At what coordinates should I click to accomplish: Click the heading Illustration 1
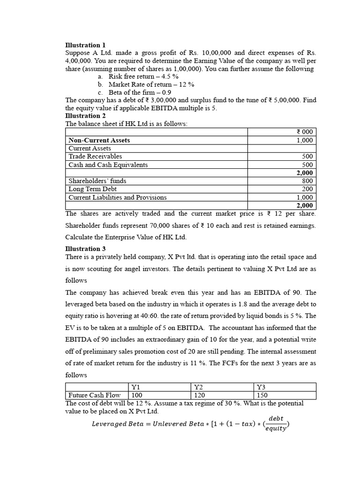[x=82, y=45]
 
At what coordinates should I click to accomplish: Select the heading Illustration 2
[x=82, y=116]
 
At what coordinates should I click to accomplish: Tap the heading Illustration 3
[x=82, y=248]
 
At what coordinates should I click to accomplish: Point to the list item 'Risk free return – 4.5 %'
[x=143, y=76]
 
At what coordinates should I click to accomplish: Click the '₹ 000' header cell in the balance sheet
[x=305, y=132]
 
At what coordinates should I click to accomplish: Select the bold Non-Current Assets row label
[x=99, y=140]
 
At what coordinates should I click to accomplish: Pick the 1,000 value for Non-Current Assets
[x=304, y=140]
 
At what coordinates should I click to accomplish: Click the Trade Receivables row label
[x=95, y=157]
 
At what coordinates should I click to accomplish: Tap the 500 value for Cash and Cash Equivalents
[x=307, y=165]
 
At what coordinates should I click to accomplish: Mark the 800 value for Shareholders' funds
[x=307, y=181]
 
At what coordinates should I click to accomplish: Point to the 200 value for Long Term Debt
[x=307, y=189]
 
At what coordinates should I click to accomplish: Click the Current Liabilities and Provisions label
[x=118, y=197]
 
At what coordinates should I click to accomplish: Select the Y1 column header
[x=135, y=387]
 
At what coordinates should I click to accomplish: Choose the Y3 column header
[x=261, y=387]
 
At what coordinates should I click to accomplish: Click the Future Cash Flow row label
[x=94, y=395]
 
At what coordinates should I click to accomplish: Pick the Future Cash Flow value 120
[x=199, y=395]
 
